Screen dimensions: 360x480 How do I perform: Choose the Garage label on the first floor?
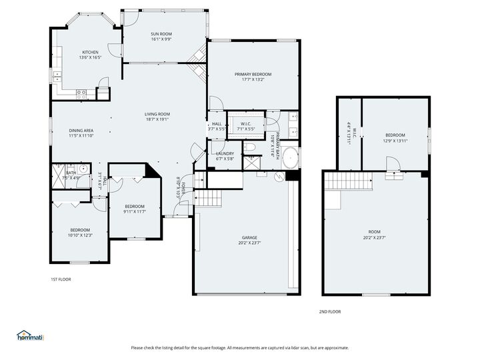249,239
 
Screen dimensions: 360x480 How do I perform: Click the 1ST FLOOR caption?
61,279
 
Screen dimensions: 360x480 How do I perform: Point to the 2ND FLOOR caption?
329,311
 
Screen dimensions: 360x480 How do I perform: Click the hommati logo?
29,335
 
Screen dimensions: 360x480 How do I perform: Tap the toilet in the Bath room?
59,169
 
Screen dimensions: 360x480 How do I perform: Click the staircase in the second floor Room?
347,180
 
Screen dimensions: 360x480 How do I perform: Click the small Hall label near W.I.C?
217,124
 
